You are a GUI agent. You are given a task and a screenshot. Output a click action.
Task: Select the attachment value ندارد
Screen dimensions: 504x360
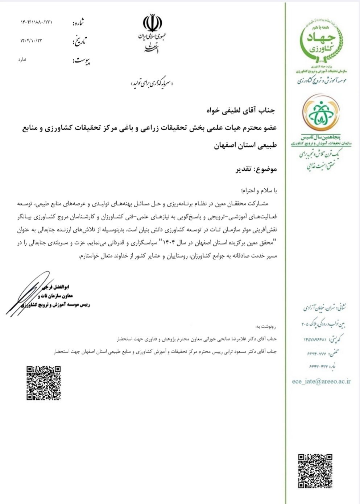(22, 59)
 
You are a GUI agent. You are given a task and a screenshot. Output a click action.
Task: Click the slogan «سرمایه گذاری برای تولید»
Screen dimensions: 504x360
(152, 84)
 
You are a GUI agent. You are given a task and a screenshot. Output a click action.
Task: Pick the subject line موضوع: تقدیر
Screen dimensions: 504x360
(257, 169)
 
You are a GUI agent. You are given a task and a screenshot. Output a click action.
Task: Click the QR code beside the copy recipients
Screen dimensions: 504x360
(44, 383)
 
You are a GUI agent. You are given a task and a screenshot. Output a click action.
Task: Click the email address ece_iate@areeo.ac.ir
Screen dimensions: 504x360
(321, 381)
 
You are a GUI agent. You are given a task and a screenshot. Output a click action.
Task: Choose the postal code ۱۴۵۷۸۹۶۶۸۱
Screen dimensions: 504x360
(314, 340)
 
